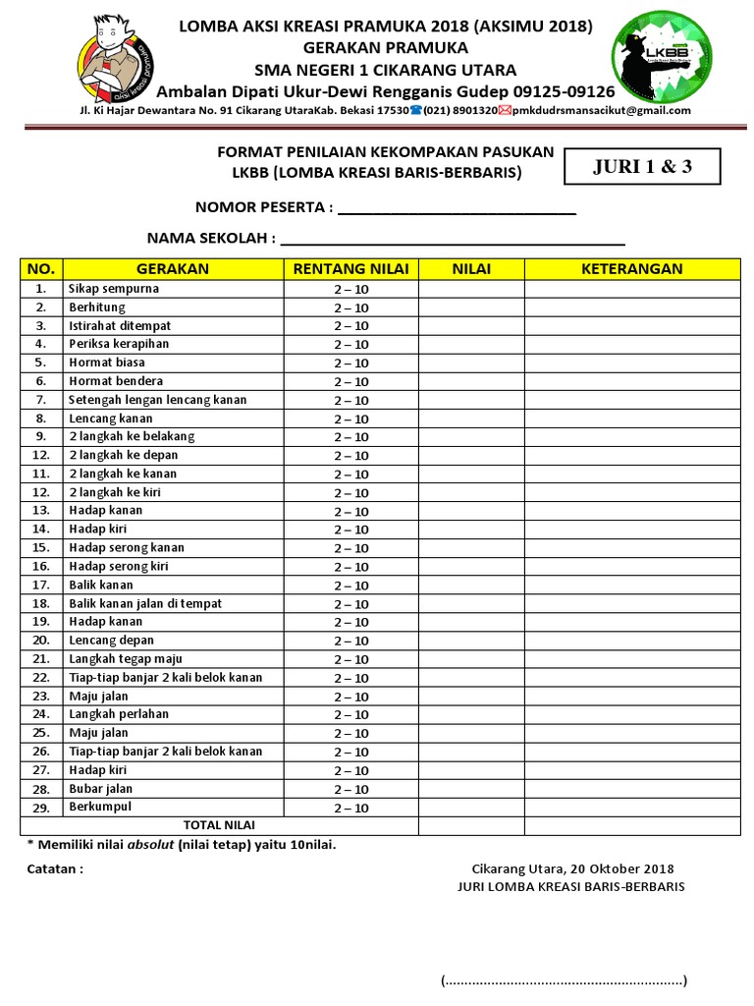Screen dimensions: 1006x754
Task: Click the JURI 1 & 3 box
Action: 642,166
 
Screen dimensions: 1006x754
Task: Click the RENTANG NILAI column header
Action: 350,269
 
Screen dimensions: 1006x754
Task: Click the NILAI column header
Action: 471,269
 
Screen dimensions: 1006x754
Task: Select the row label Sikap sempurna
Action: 114,289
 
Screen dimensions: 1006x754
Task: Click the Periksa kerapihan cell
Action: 119,344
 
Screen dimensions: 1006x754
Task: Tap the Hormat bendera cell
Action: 116,381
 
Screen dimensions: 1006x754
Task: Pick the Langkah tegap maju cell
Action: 126,659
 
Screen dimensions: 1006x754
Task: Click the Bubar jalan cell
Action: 100,789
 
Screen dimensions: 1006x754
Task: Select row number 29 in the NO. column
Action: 40,808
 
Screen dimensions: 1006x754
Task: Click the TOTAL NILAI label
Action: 218,825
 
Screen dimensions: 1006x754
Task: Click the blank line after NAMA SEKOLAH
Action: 453,239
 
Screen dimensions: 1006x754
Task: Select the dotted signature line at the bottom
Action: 564,980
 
